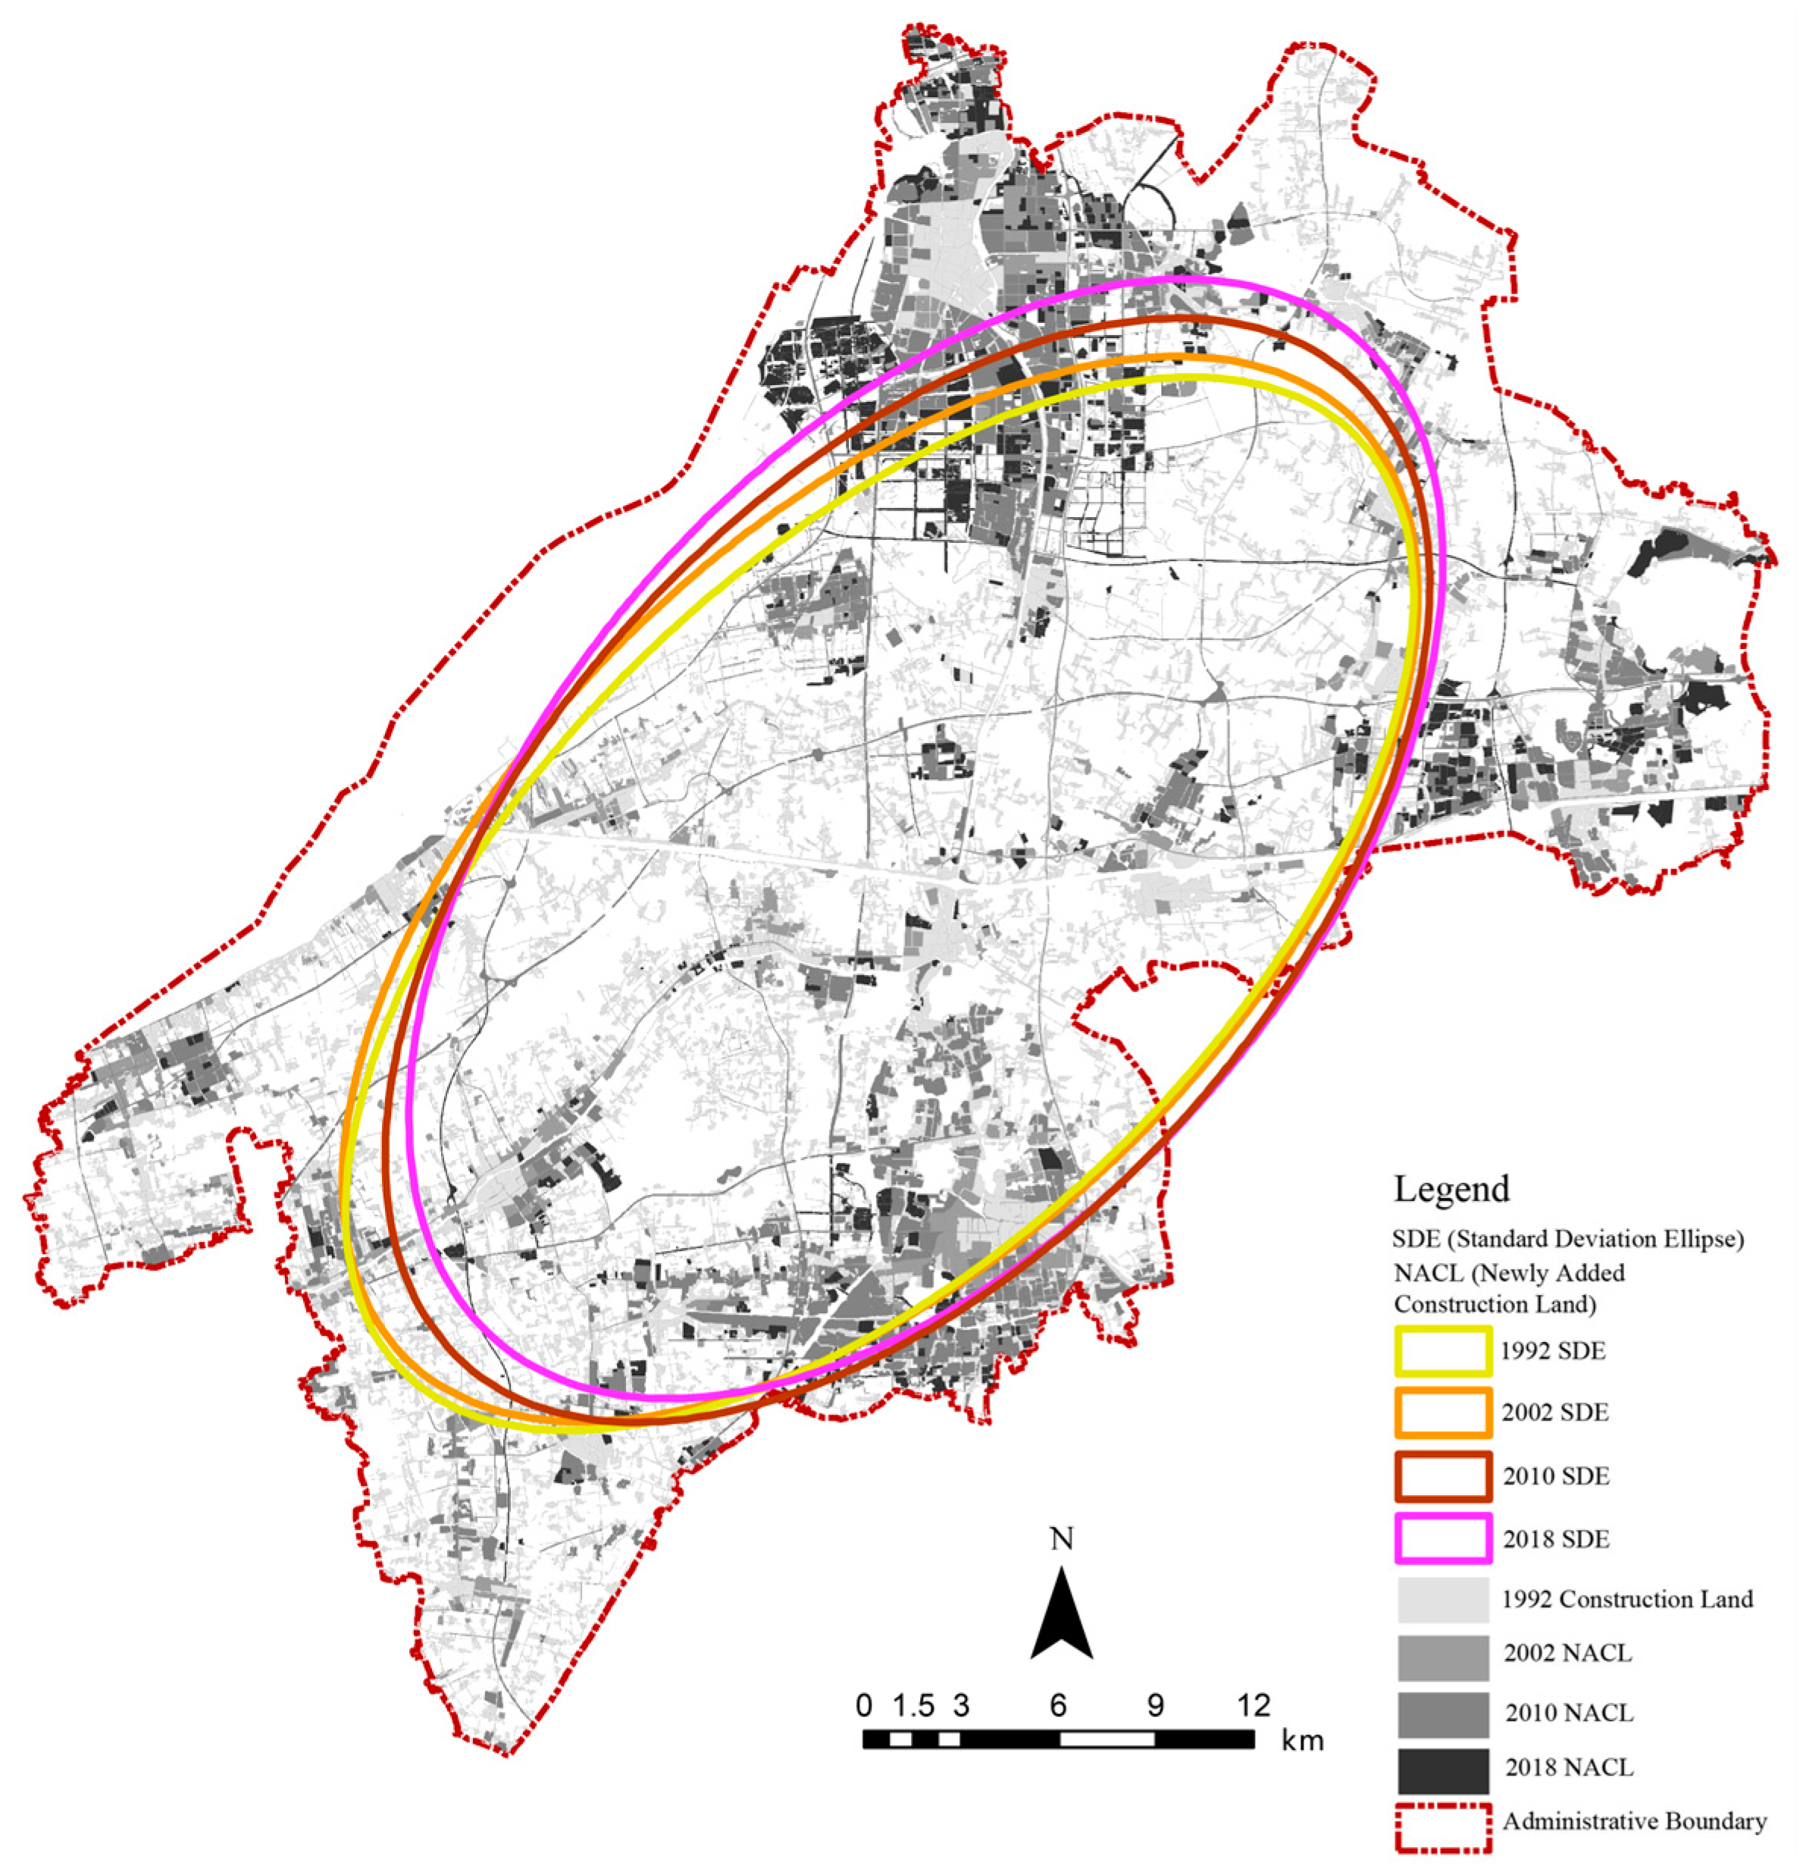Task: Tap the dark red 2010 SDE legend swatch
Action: (x=1442, y=1475)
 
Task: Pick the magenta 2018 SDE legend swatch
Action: (x=1442, y=1538)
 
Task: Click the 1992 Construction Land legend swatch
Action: (x=1442, y=1600)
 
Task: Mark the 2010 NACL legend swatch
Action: (x=1442, y=1714)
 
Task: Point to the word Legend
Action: (x=1451, y=1189)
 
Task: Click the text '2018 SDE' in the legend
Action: (x=1555, y=1539)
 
